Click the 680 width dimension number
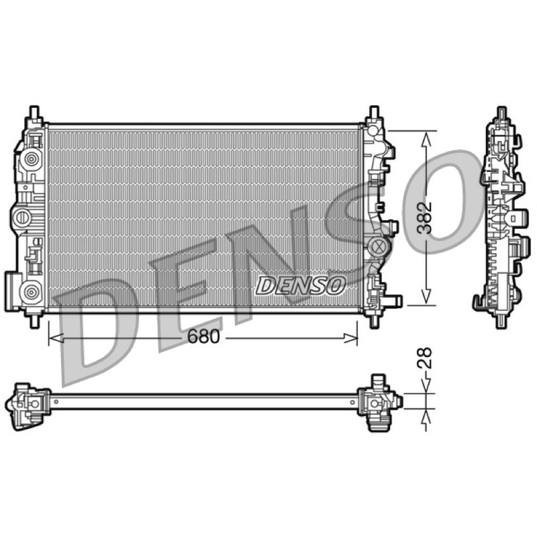click(203, 338)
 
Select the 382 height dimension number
click(426, 217)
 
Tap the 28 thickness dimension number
click(425, 358)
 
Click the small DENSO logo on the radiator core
click(300, 286)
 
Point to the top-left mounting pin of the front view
click(35, 112)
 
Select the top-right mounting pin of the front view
click(374, 112)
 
